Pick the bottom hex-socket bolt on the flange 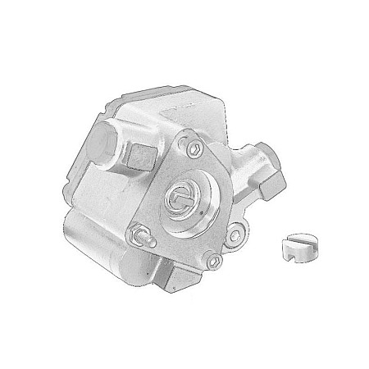213,262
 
